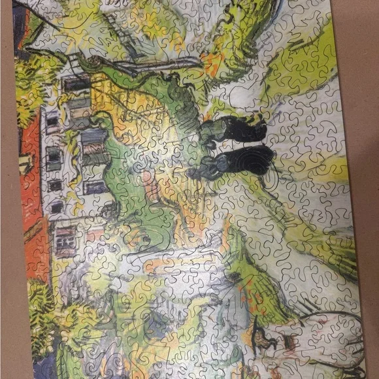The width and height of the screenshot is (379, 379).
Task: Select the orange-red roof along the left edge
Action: click(29, 176)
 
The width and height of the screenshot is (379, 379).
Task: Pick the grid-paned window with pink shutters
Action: click(64, 239)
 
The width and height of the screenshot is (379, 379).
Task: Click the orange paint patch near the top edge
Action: click(212, 62)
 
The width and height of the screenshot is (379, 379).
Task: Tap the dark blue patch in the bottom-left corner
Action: click(41, 366)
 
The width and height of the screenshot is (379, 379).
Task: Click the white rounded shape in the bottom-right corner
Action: click(327, 333)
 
